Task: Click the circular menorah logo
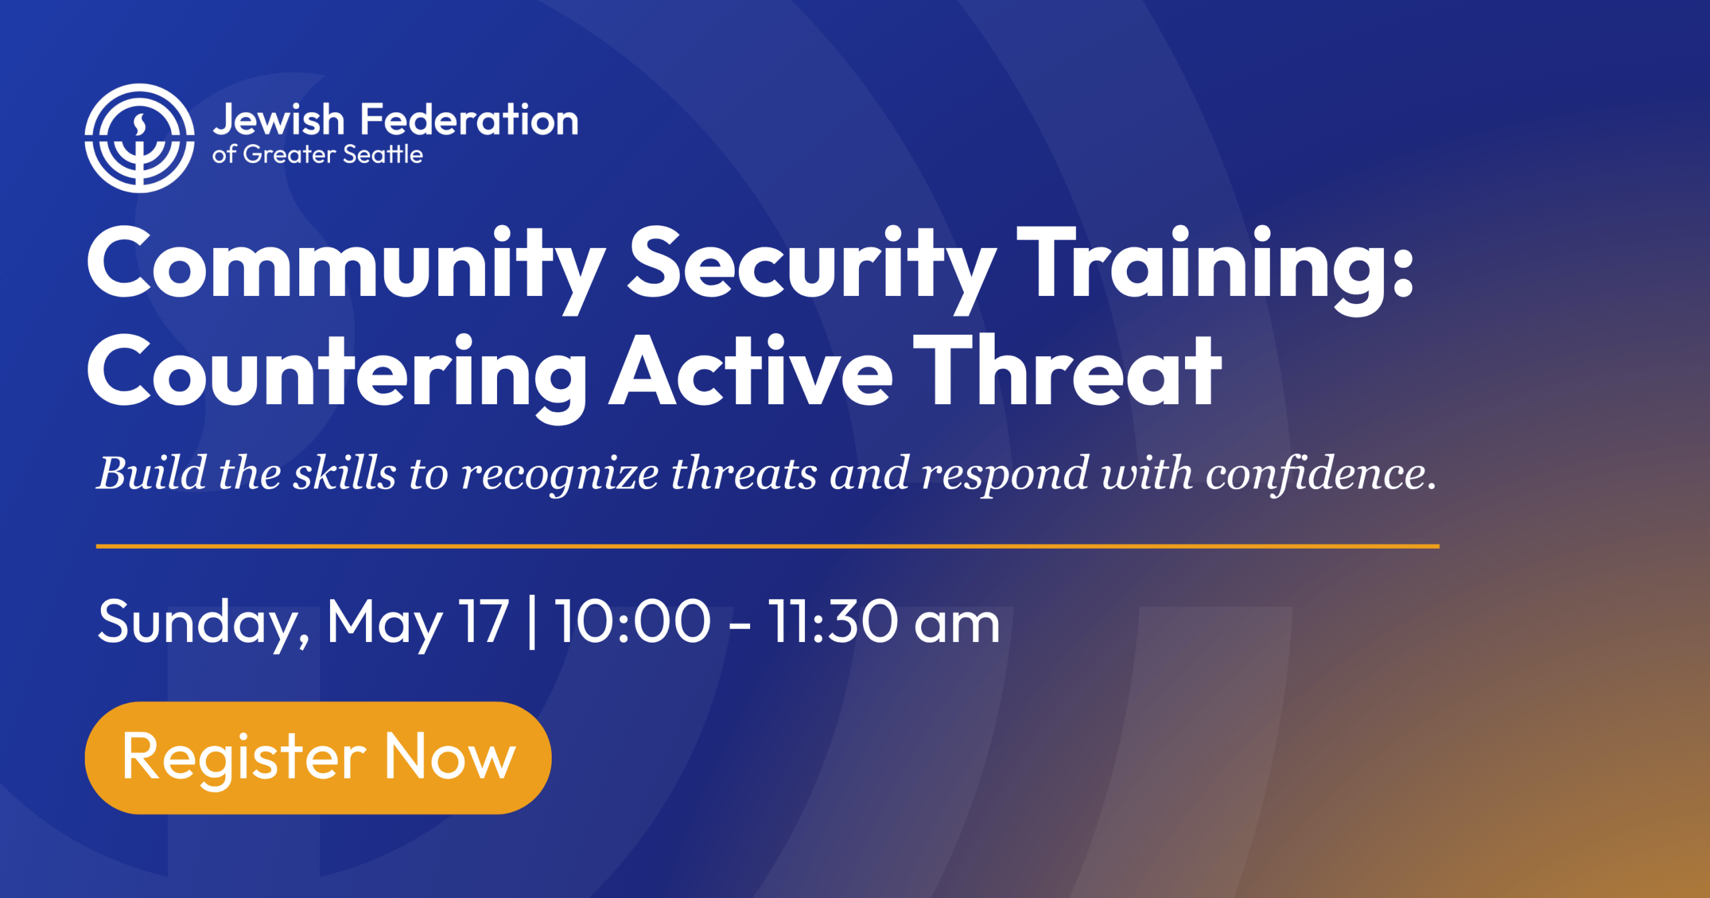tap(139, 138)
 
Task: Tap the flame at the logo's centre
tap(140, 124)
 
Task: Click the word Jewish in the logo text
tap(279, 120)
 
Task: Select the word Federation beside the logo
tap(469, 120)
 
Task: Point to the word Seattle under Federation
tap(383, 155)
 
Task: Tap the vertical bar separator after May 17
tap(532, 623)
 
